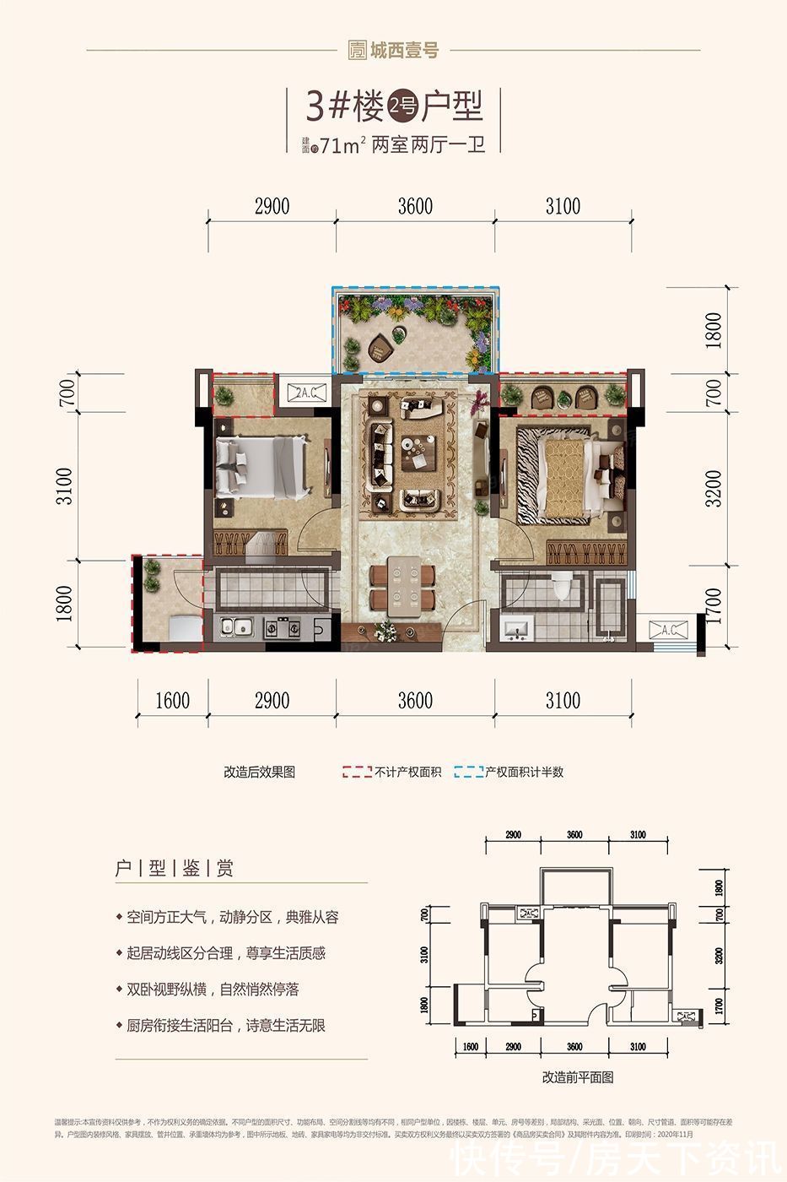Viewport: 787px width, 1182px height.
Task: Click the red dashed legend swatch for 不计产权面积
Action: click(357, 772)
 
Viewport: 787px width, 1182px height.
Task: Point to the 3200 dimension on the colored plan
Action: click(713, 488)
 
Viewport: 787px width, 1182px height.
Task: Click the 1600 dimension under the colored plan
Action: click(172, 700)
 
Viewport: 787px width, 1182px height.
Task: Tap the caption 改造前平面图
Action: click(577, 1077)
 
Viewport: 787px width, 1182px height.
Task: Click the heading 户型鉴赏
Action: click(175, 868)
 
